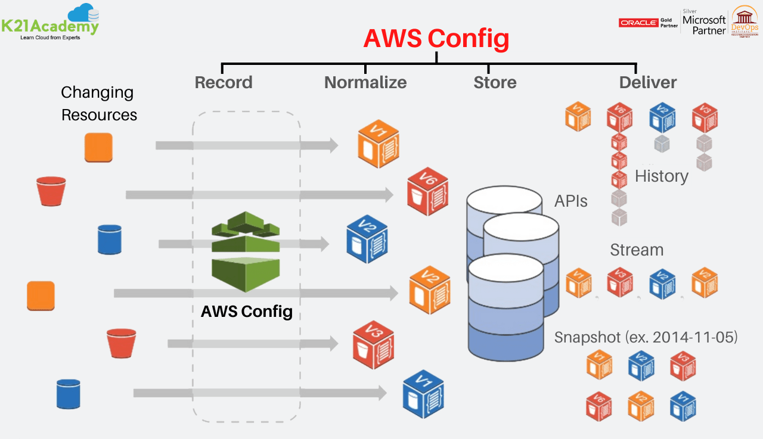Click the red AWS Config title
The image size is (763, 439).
click(x=436, y=39)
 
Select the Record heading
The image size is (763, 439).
click(x=224, y=82)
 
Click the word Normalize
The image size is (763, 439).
click(x=365, y=82)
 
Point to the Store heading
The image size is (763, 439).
click(x=495, y=82)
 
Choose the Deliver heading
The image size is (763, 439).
click(x=648, y=82)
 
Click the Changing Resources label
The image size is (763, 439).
click(x=98, y=103)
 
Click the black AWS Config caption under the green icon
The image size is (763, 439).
click(x=247, y=311)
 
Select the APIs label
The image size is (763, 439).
click(x=570, y=201)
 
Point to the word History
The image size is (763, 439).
click(x=662, y=176)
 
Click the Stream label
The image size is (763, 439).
click(x=637, y=250)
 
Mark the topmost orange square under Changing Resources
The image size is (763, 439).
click(x=98, y=147)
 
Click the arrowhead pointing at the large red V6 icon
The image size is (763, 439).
click(x=389, y=195)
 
